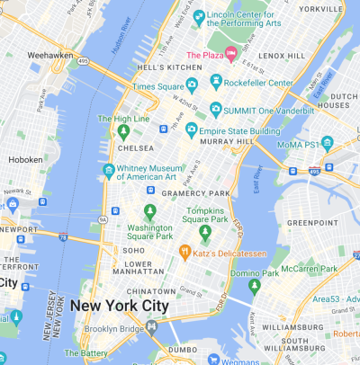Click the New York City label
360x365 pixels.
coord(119,306)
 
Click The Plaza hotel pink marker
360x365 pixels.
coord(230,56)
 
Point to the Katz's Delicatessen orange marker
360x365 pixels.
coord(184,251)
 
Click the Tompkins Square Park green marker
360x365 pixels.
coord(205,233)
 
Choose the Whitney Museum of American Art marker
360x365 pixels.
coord(109,170)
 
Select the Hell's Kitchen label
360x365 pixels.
coord(170,68)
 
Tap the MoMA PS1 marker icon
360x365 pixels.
coord(328,142)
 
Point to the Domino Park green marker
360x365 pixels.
coord(255,286)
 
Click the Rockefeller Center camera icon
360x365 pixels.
coord(216,84)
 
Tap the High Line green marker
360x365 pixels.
coord(124,132)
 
